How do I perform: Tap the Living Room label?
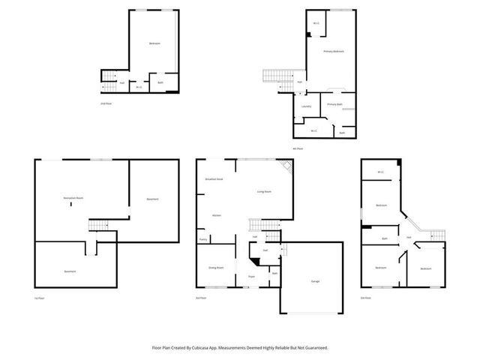264,192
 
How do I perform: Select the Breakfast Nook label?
214,181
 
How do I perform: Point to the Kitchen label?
215,214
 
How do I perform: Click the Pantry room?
203,239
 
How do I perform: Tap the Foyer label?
251,277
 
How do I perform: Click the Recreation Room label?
73,197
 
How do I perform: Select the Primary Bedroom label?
334,52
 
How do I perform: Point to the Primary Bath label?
334,104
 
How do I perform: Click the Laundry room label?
306,106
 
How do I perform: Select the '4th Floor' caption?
298,148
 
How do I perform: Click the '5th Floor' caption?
366,298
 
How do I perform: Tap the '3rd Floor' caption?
201,298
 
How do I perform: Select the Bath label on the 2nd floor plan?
160,82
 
